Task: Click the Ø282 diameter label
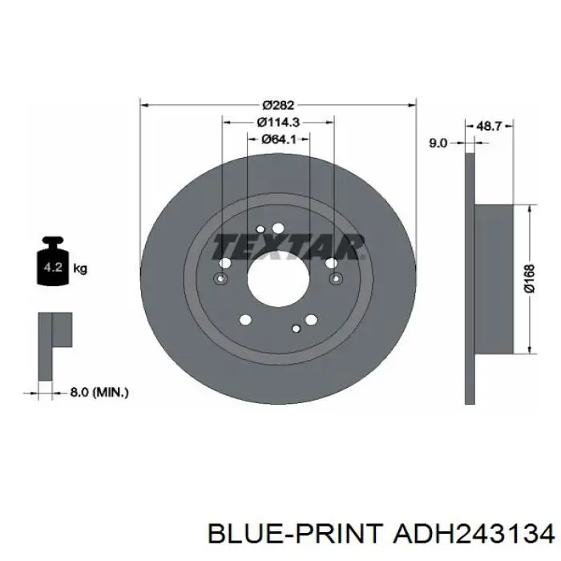point(278,105)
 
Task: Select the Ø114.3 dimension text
point(278,122)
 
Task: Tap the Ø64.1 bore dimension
point(278,139)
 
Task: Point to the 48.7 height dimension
point(490,126)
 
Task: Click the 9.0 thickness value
point(438,143)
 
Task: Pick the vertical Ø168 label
point(530,278)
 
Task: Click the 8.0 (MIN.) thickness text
point(99,393)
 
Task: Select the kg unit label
point(80,268)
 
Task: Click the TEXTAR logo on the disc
point(287,247)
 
